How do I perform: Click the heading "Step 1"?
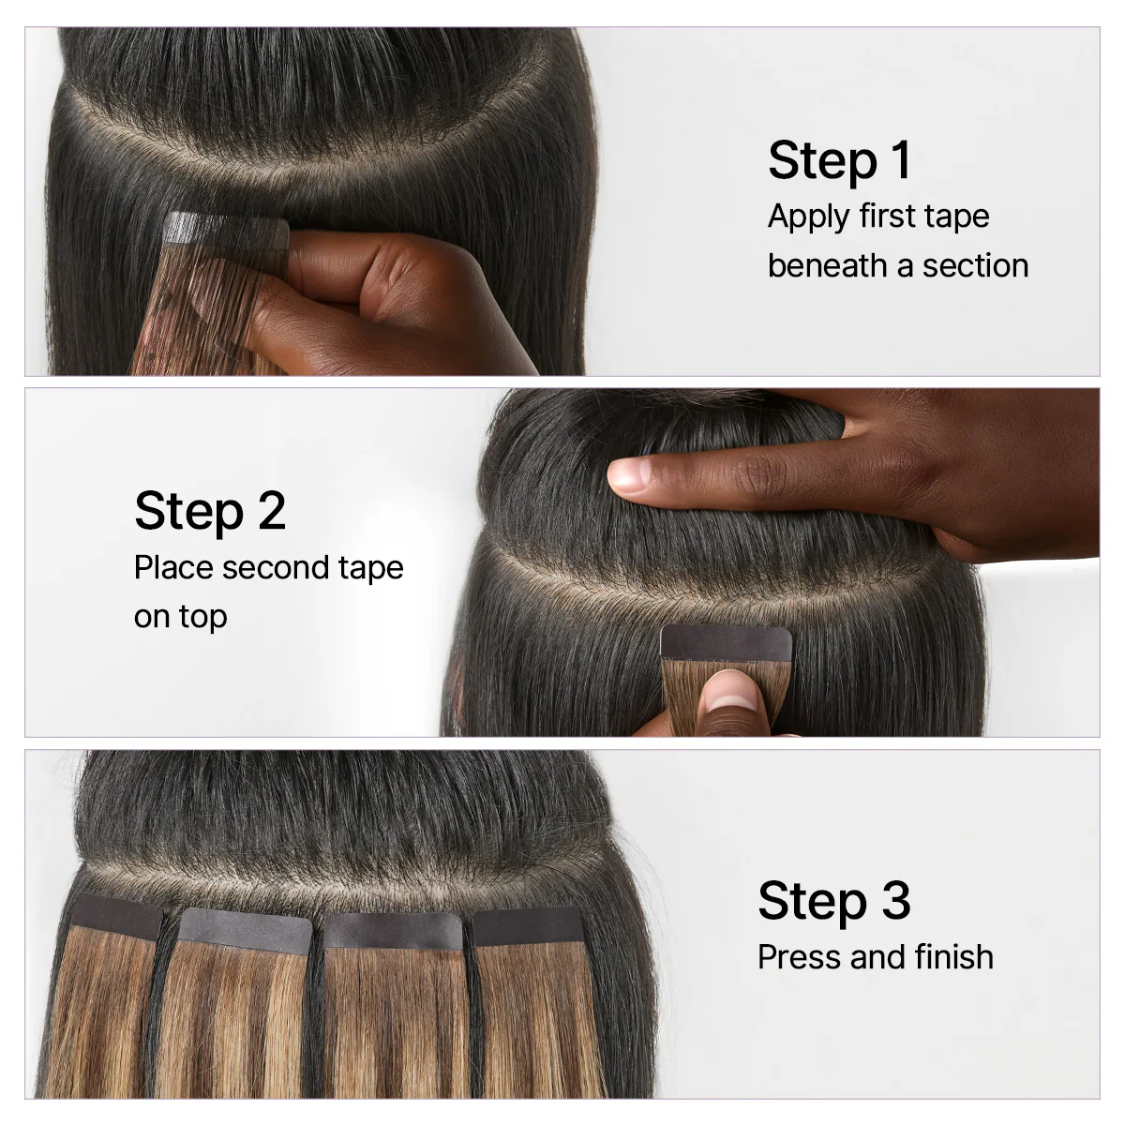[839, 160]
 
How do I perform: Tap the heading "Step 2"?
[210, 511]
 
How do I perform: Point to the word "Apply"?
[807, 217]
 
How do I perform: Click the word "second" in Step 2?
[268, 567]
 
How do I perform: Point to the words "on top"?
[180, 617]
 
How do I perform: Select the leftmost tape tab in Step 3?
[116, 915]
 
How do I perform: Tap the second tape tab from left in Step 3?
[246, 928]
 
